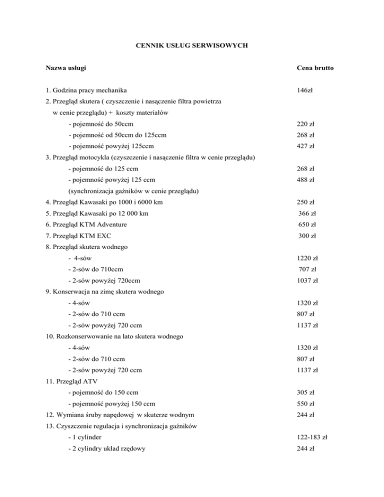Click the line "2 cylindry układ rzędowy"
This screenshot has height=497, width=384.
pos(106,447)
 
